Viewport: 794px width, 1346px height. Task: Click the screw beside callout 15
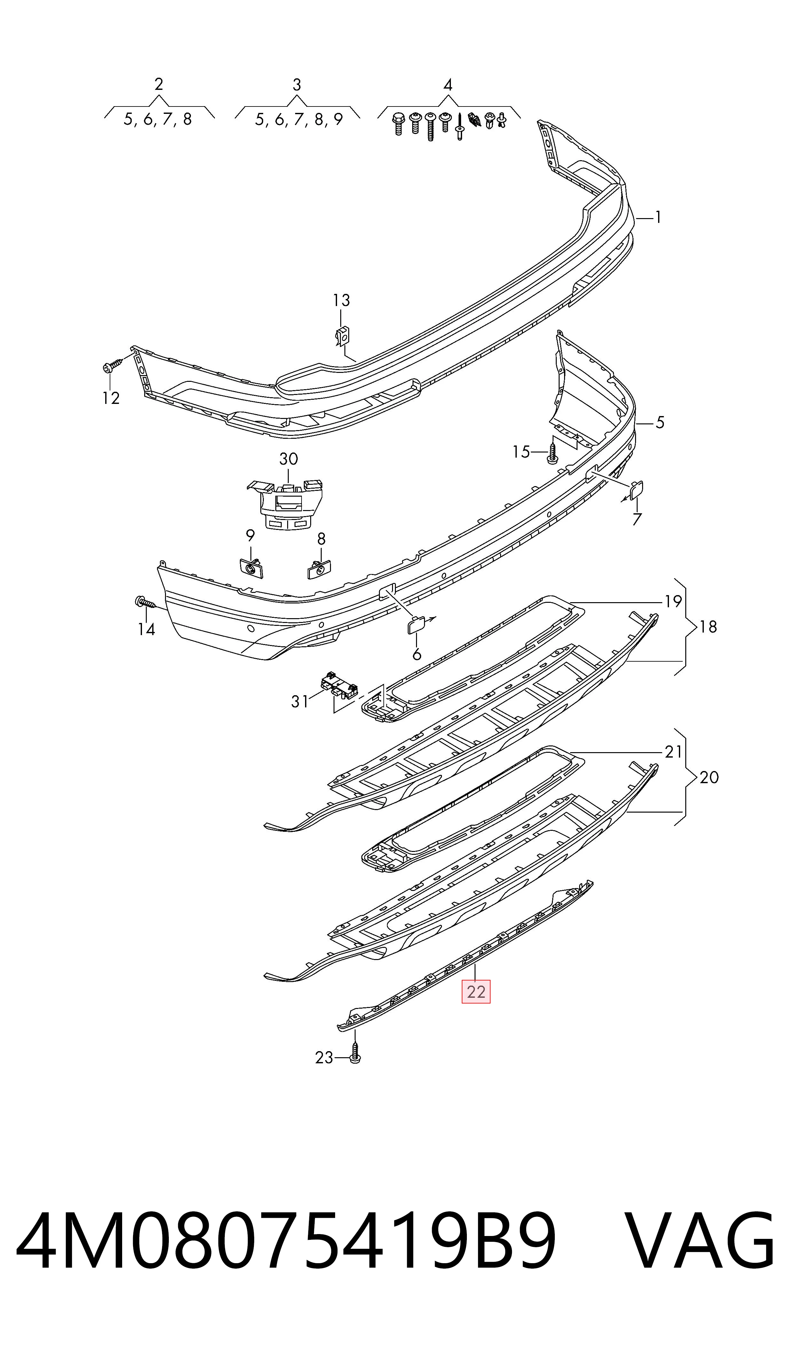point(553,452)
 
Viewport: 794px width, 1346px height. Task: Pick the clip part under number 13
point(342,336)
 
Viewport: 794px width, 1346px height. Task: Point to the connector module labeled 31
point(339,684)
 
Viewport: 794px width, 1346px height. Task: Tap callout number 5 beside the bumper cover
point(660,423)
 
